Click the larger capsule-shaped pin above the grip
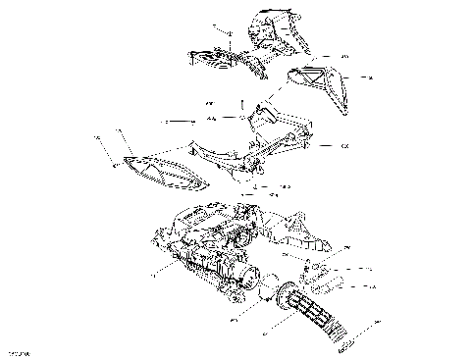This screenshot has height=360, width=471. pos(330,285)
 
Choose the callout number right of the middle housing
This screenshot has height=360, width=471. pos(343,146)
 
